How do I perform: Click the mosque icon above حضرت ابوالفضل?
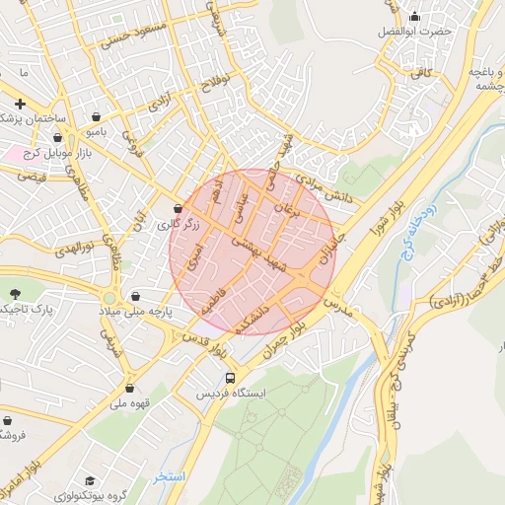pyautogui.click(x=414, y=16)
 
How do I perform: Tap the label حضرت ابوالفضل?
pyautogui.click(x=414, y=32)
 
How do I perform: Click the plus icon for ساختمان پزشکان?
pyautogui.click(x=20, y=104)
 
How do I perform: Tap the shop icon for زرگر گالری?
pyautogui.click(x=178, y=209)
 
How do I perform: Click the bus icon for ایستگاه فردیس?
pyautogui.click(x=231, y=377)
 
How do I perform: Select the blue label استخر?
pyautogui.click(x=169, y=477)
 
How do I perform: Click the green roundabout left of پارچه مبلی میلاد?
pyautogui.click(x=108, y=298)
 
